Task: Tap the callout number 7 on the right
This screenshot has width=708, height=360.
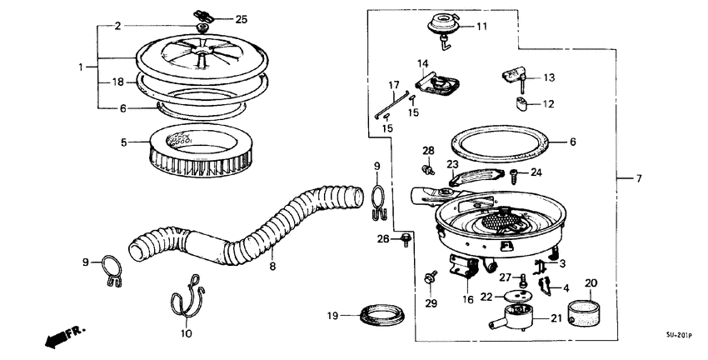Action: (639, 179)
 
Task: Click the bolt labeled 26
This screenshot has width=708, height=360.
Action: (405, 240)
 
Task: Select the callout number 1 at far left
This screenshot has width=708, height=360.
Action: (81, 66)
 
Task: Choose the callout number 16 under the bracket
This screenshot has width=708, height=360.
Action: (468, 299)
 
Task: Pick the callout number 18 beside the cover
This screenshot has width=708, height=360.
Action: (117, 82)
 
